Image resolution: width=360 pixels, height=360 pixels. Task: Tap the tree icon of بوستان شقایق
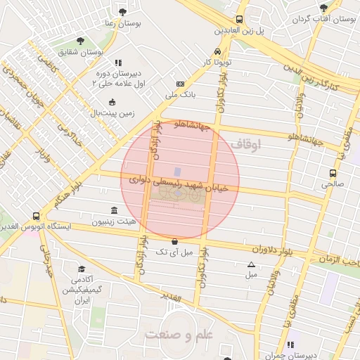[x=79, y=41]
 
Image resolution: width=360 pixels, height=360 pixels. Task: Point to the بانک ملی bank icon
[x=181, y=84]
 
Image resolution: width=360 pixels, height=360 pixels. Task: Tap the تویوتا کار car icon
[x=217, y=52]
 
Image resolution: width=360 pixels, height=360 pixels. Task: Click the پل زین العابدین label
[x=239, y=31]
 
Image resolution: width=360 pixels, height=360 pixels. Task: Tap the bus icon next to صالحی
[x=333, y=173]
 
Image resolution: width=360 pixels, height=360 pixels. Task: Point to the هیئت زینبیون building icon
[x=115, y=210]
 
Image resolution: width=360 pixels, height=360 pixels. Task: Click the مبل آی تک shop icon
[x=174, y=241]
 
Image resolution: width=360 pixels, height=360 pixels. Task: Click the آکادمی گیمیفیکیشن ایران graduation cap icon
[x=82, y=269]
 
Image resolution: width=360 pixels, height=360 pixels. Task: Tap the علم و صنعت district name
[x=178, y=335]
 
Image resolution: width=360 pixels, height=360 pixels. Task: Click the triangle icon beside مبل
[x=252, y=265]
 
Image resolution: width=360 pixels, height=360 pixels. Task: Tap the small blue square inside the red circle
[x=177, y=172]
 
